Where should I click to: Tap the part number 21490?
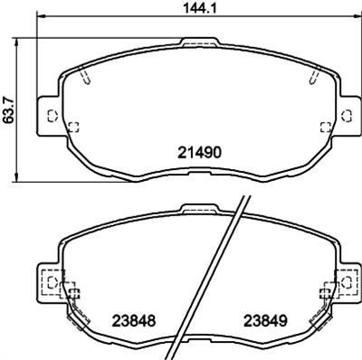point(196,154)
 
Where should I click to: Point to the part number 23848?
point(133,320)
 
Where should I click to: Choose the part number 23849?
point(262,320)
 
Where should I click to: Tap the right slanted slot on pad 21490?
point(312,78)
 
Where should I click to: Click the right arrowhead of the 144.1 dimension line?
point(355,19)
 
